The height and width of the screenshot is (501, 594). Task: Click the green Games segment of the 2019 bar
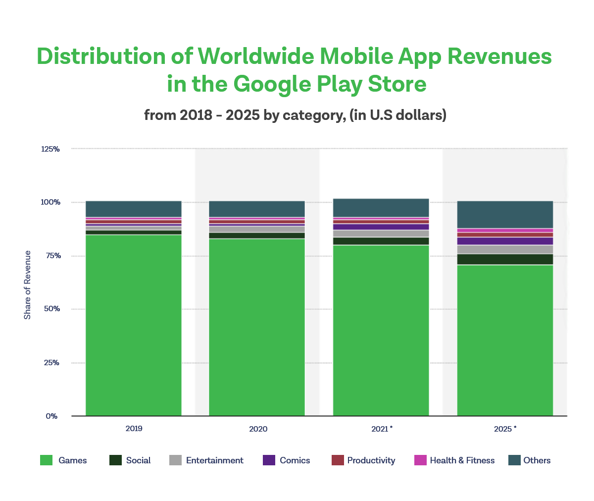[134, 325]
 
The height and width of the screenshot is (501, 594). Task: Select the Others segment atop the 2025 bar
[505, 215]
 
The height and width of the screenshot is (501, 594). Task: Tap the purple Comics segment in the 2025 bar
[505, 241]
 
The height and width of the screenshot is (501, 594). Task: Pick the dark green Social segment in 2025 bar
[505, 259]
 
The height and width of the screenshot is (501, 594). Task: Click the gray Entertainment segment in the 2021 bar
[381, 233]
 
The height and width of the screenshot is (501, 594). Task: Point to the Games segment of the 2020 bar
[257, 327]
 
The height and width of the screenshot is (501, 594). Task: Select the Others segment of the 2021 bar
[381, 208]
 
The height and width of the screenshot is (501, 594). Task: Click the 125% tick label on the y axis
[50, 149]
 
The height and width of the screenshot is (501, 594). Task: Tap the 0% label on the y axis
[52, 416]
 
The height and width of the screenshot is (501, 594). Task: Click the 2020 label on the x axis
[258, 429]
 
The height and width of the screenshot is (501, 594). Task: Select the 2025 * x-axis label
[505, 429]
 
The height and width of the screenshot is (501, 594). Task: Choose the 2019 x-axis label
[134, 429]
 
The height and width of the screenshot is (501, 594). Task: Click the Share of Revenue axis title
[28, 285]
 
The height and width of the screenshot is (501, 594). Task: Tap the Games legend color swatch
[46, 460]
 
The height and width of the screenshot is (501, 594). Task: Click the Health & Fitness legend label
[462, 460]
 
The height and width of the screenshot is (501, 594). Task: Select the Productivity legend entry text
[371, 460]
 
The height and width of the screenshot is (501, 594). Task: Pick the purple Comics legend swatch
[269, 460]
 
